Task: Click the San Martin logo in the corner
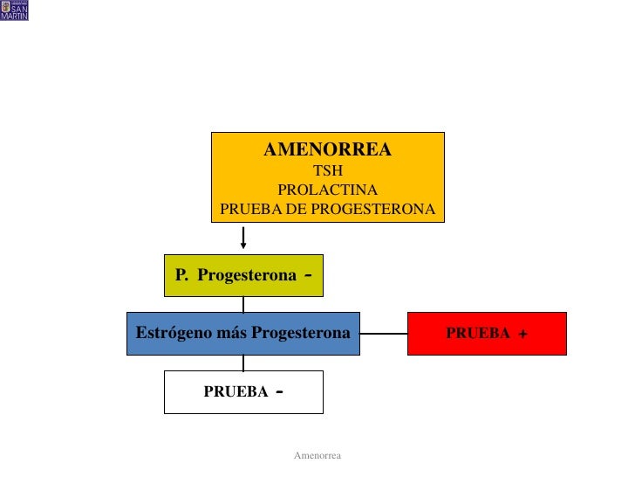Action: coord(15,10)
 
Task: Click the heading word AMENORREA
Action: coord(327,150)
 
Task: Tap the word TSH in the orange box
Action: coord(328,171)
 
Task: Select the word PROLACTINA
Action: coord(327,190)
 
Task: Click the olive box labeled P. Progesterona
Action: coord(243,275)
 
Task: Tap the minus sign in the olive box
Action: coord(310,274)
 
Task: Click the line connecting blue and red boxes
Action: coord(384,334)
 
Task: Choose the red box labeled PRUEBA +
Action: coord(487,334)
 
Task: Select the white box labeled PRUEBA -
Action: coord(243,392)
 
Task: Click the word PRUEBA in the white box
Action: coord(236,392)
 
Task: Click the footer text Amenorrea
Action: coord(317,456)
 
